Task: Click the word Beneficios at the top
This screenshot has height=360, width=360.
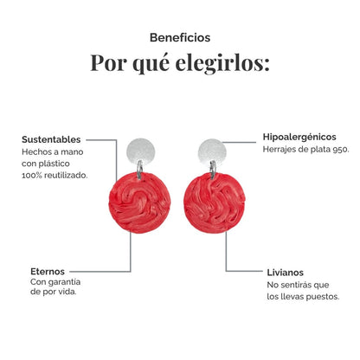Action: point(180,37)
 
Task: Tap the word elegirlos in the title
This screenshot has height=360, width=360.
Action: point(222,63)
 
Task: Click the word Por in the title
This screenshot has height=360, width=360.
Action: point(108,62)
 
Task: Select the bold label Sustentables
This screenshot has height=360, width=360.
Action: point(51,139)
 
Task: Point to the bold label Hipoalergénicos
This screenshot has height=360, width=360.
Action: point(299,137)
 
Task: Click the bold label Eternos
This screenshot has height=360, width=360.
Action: point(48,272)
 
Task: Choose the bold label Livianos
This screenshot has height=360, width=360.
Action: point(285,273)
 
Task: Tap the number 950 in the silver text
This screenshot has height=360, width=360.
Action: point(341,150)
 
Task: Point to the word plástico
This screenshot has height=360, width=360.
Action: point(55,164)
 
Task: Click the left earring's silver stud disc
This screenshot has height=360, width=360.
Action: point(141,151)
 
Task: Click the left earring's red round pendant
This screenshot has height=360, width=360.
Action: point(139,202)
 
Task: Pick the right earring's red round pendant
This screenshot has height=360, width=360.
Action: point(215,202)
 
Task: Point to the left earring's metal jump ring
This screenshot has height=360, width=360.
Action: point(139,169)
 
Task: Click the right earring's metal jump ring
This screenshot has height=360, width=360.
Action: point(213,170)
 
